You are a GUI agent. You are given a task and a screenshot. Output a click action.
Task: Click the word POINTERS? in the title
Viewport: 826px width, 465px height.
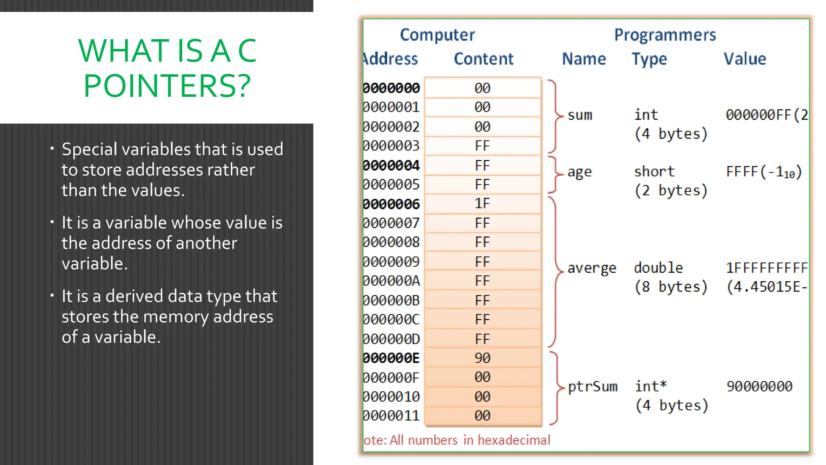click(167, 86)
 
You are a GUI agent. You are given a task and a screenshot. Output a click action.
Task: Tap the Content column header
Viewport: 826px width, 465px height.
click(483, 59)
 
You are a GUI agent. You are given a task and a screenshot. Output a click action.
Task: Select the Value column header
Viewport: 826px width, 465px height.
click(745, 59)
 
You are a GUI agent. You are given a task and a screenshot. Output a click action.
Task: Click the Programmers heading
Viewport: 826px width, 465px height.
click(665, 35)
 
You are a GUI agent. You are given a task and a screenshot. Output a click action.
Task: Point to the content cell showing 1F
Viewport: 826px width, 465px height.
click(482, 203)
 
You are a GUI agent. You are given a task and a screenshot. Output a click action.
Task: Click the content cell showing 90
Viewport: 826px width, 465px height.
click(482, 358)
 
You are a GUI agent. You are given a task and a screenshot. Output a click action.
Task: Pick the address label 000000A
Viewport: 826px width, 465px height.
click(392, 281)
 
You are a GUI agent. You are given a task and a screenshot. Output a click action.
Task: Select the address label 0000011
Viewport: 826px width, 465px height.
click(392, 416)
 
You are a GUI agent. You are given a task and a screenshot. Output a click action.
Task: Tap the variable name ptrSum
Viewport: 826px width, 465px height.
click(592, 387)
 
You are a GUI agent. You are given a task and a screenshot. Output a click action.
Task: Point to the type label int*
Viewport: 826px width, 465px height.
click(651, 386)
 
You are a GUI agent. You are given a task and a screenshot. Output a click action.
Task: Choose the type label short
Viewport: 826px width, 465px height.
click(654, 172)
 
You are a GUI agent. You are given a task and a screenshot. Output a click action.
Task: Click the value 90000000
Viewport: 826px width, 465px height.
click(759, 387)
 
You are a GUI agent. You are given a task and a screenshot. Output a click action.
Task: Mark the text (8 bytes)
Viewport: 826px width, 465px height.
click(671, 287)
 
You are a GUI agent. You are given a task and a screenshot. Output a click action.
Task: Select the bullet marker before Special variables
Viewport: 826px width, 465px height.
click(52, 149)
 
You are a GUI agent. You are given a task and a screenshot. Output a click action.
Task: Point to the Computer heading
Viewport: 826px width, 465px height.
click(437, 35)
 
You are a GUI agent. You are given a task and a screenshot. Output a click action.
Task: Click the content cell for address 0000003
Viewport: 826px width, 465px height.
click(482, 146)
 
